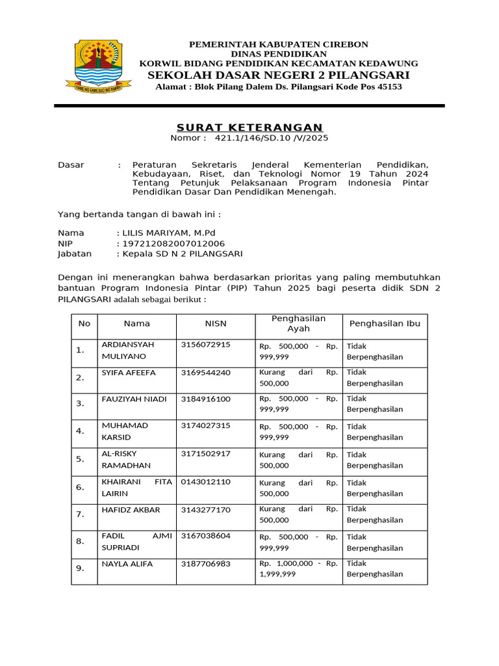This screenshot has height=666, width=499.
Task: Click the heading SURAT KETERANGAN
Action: (250, 127)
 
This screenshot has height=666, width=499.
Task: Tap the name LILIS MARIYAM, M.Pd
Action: (168, 233)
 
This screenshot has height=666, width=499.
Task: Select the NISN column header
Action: (216, 323)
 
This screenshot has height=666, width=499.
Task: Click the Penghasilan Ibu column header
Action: (385, 323)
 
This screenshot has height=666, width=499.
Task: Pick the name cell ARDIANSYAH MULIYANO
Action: (127, 351)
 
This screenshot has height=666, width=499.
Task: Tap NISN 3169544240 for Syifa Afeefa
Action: (205, 373)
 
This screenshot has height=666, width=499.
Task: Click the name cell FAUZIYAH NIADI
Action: (134, 399)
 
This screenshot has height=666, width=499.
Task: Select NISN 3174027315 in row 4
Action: (205, 425)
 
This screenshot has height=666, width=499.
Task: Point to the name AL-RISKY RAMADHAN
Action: (126, 459)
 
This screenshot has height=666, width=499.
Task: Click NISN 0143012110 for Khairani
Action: (205, 482)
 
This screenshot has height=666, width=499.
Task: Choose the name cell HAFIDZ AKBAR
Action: (131, 510)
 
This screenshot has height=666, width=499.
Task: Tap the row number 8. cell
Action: (80, 541)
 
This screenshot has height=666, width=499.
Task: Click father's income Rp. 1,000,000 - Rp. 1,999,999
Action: (298, 568)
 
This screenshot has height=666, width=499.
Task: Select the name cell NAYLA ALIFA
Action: (127, 564)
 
